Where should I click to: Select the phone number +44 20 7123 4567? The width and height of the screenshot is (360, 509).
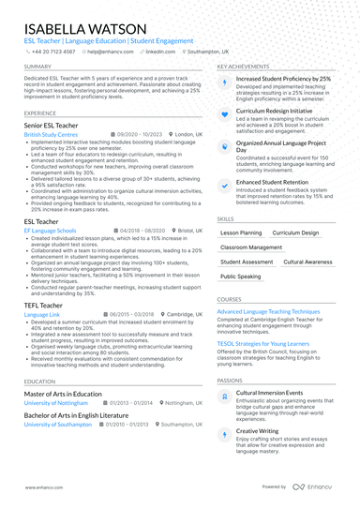coord(49,52)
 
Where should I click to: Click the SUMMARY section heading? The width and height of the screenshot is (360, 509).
coord(38,67)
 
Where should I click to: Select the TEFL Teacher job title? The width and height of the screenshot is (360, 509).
coord(44,305)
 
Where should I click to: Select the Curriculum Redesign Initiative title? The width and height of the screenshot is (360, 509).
coord(274,110)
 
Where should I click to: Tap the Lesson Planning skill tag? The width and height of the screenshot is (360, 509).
coord(241,232)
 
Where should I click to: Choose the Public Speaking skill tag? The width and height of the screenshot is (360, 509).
coord(241,277)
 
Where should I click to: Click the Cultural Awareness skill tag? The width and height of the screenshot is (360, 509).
coord(307,262)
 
